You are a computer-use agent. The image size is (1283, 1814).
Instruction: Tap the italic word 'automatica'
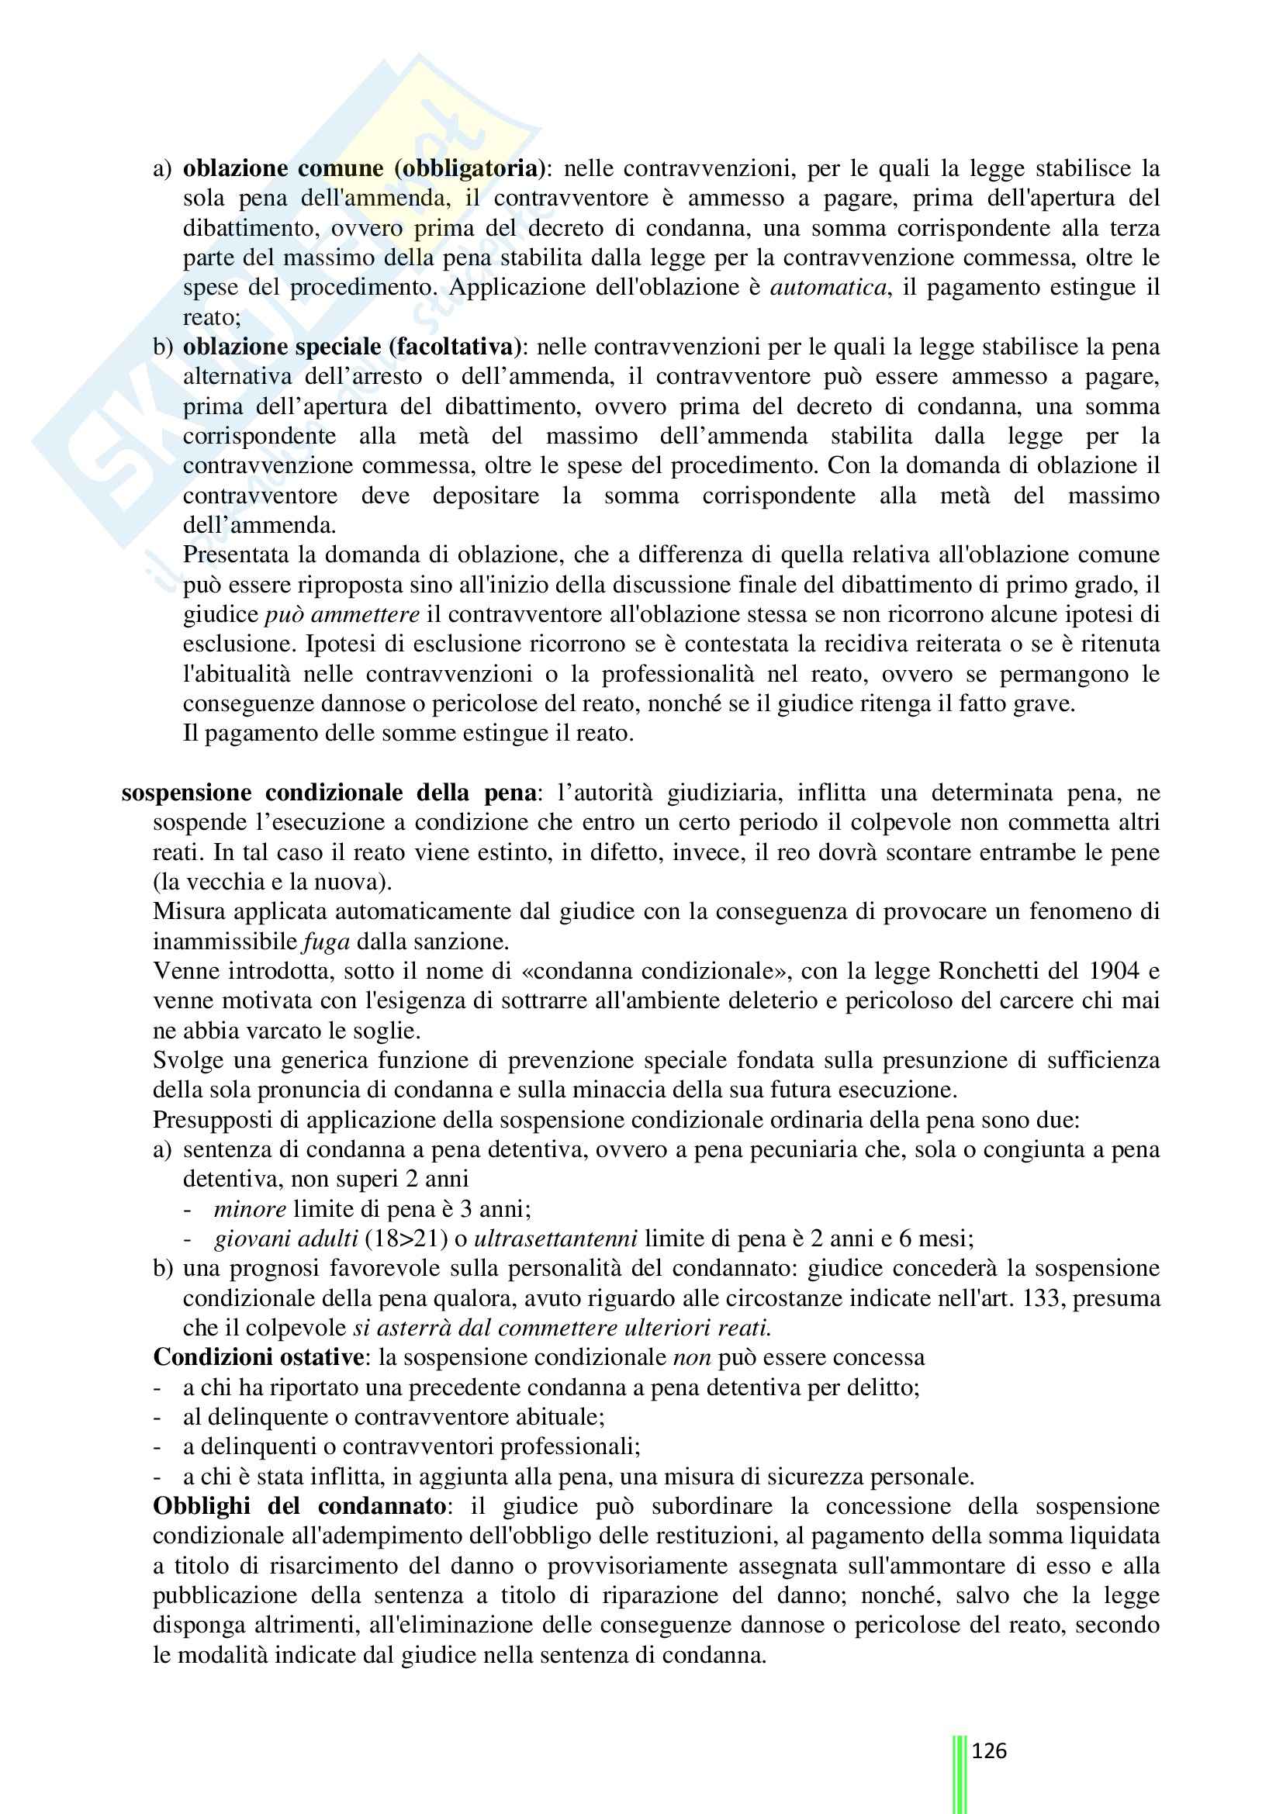pos(827,287)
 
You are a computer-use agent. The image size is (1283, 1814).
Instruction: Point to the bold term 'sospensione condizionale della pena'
pos(329,793)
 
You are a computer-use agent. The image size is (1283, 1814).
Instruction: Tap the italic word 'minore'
pos(250,1209)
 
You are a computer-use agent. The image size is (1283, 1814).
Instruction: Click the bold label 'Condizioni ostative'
pos(258,1357)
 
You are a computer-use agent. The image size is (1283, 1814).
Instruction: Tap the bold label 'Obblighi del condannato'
pos(299,1506)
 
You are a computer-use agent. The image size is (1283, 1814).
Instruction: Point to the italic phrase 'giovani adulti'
pos(286,1239)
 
